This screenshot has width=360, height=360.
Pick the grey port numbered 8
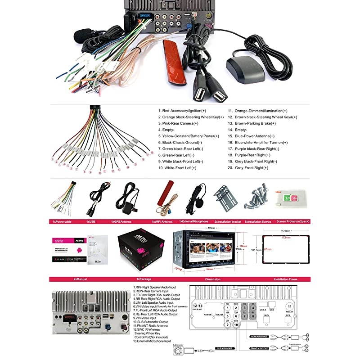tap(253, 316)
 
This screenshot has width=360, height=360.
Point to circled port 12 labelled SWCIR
tap(195, 306)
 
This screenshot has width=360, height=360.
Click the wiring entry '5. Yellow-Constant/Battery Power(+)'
tap(189, 136)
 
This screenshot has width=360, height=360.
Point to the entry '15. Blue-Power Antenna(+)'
tap(251, 136)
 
